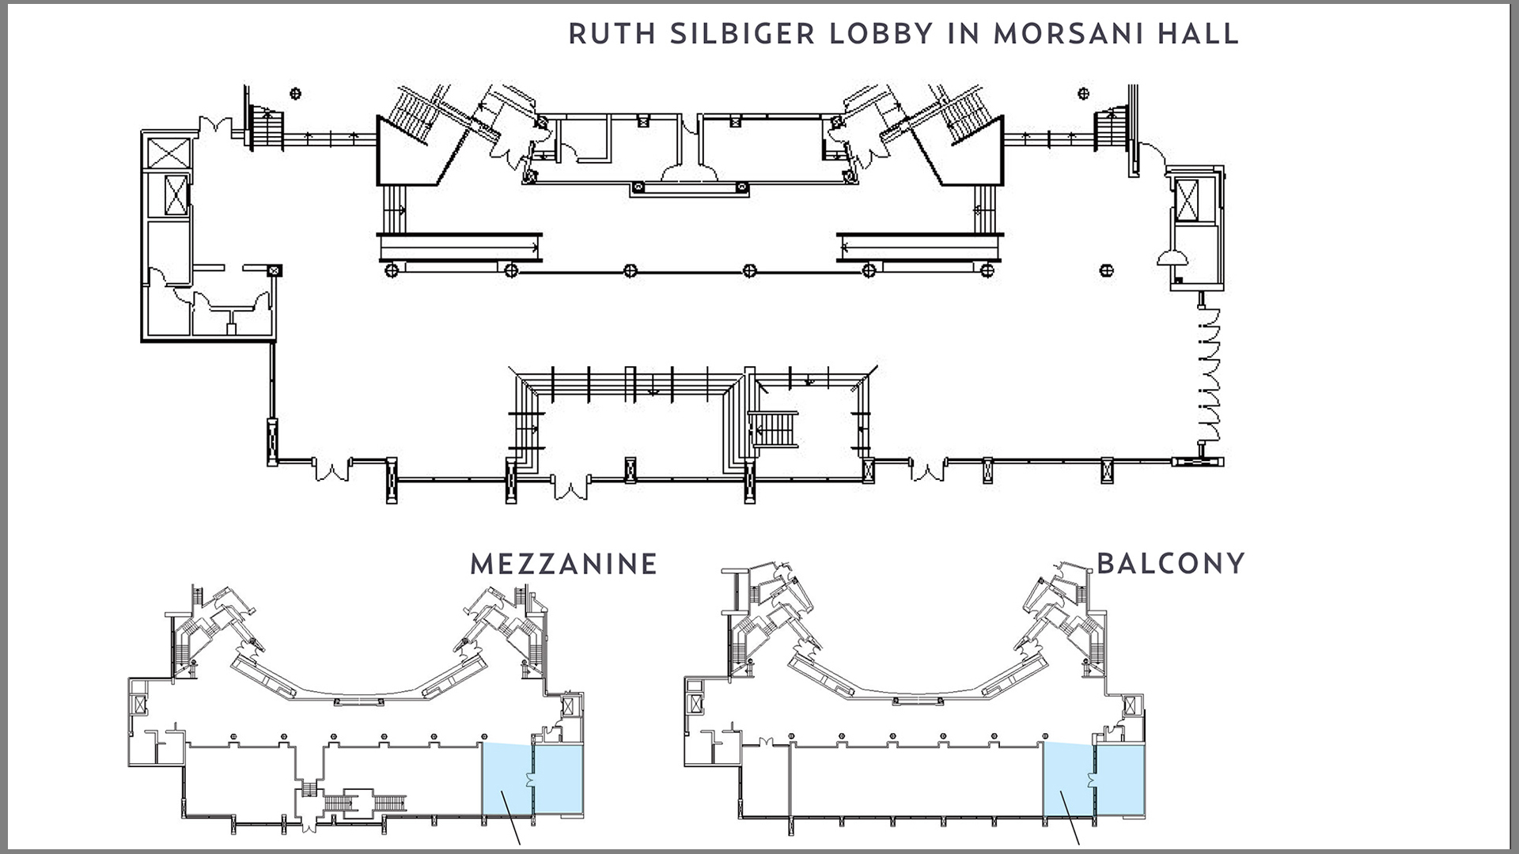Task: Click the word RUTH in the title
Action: pyautogui.click(x=612, y=34)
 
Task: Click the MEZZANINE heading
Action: pyautogui.click(x=563, y=565)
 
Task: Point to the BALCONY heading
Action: pyautogui.click(x=1171, y=563)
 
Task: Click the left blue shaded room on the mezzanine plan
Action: pyautogui.click(x=507, y=780)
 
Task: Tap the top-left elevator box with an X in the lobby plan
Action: pyautogui.click(x=169, y=153)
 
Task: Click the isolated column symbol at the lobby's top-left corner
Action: pyautogui.click(x=296, y=94)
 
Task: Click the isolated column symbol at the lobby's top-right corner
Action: pyautogui.click(x=1083, y=93)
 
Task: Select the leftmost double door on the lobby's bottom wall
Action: pyautogui.click(x=331, y=470)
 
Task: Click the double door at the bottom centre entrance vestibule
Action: pyautogui.click(x=570, y=487)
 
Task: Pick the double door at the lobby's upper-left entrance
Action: pyautogui.click(x=214, y=127)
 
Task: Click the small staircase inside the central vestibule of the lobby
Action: pyautogui.click(x=774, y=429)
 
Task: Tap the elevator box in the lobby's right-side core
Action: pyautogui.click(x=1186, y=199)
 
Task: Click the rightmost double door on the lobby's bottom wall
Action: pyautogui.click(x=927, y=470)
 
